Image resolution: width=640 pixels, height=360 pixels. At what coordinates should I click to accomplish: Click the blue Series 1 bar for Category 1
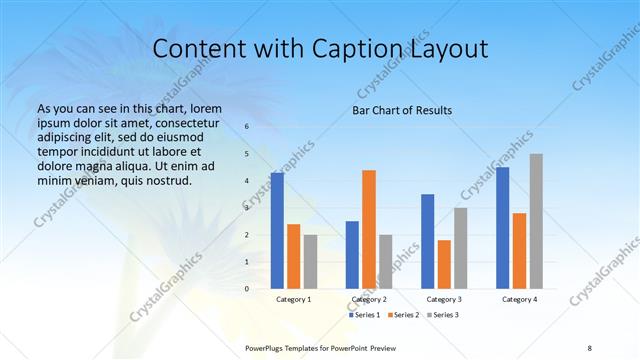coord(277,231)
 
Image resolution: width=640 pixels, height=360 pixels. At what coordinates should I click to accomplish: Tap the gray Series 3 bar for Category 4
coord(536,221)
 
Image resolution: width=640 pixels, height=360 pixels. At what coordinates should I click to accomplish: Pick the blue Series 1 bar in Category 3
coord(428,241)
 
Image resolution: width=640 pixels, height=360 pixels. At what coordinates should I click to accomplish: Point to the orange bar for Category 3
coord(444,264)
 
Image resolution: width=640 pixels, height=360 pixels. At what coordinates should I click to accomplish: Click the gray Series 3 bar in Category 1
coord(311,262)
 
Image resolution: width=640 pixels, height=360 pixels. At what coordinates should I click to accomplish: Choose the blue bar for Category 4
coord(503,228)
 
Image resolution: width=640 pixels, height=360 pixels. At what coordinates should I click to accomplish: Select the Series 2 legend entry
coord(403,315)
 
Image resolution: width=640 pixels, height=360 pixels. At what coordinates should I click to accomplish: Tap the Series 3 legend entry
coord(443,315)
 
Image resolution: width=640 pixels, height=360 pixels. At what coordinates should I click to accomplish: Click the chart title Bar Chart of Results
coord(402,110)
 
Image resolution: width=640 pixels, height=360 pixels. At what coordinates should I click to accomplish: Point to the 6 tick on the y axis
coord(247,127)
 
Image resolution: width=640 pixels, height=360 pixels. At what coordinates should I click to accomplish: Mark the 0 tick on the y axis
coord(247,289)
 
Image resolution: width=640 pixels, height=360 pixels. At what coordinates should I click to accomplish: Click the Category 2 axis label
coord(369,299)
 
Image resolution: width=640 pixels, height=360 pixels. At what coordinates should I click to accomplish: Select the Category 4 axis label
coord(519,299)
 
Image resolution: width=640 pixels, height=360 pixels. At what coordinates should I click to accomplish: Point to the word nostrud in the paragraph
coord(166,181)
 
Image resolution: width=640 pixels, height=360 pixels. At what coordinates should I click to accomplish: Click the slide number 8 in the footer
coord(589,347)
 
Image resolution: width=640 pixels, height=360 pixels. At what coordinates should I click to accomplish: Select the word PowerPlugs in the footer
coord(268,347)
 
